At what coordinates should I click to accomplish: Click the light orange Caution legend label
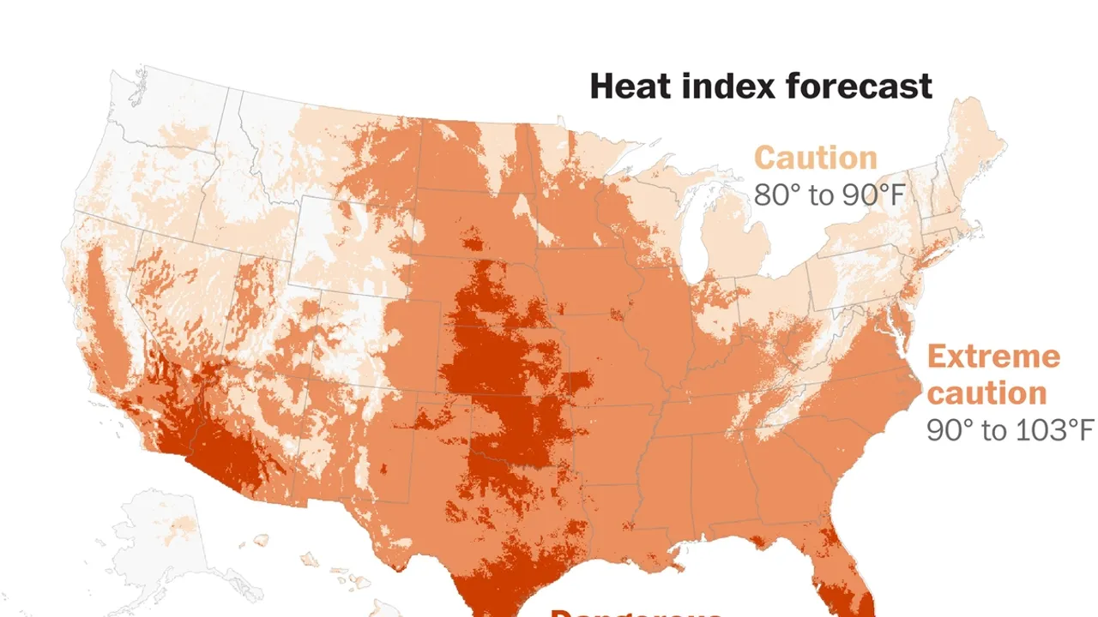(815, 158)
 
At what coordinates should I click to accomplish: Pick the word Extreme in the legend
(993, 356)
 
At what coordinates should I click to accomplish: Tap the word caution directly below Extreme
(986, 392)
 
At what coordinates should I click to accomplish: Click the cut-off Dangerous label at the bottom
(635, 612)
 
